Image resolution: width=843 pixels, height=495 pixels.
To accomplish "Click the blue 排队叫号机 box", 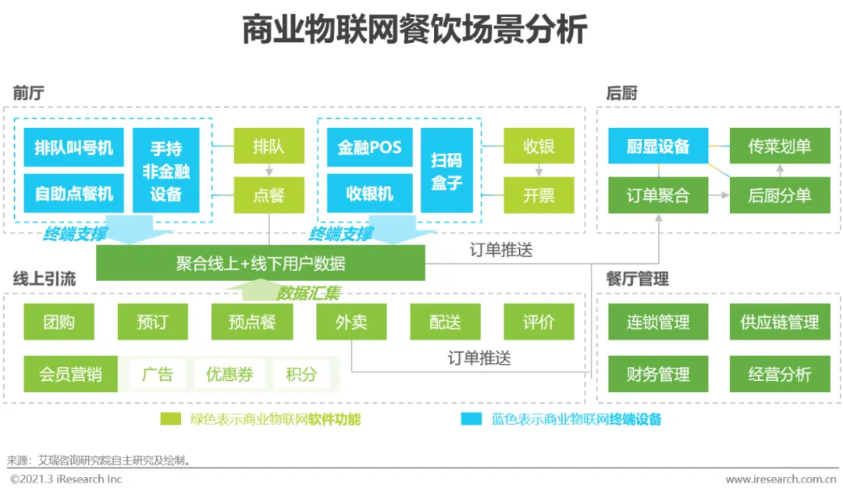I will (73, 148).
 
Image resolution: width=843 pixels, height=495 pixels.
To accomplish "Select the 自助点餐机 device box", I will (73, 193).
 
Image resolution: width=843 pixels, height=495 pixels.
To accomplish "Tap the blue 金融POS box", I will (369, 148).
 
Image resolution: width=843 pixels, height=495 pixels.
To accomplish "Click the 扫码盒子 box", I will (446, 171).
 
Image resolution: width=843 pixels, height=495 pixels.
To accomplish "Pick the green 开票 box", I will (539, 195).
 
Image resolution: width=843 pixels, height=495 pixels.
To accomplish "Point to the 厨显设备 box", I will (658, 147).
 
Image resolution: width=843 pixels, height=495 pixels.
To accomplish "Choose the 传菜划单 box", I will (779, 147).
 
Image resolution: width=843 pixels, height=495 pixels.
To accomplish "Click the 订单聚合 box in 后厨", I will (658, 195).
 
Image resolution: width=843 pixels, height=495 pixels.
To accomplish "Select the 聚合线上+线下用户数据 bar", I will (260, 264).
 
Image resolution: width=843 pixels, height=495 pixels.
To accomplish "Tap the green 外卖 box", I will (351, 322).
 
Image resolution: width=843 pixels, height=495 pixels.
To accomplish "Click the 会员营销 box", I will (70, 374).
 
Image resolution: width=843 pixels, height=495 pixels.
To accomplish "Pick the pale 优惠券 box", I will (229, 374).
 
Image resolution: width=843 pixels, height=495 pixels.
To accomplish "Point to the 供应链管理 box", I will (779, 322).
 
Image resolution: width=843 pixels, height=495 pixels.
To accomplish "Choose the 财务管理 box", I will (658, 374).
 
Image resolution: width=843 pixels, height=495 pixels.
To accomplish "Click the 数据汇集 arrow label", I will (308, 294).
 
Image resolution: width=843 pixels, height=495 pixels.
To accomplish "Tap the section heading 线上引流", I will (44, 279).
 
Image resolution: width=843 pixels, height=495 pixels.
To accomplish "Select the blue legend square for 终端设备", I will (471, 419).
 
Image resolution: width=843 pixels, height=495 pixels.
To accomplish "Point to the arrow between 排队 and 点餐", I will (269, 170).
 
